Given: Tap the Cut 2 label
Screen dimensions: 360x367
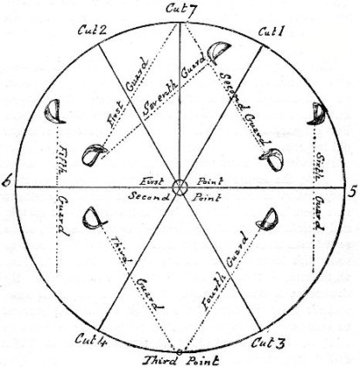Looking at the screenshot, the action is pos(93,30).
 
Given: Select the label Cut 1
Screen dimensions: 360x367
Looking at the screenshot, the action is pos(272,31).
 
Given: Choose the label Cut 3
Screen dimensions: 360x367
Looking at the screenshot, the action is pos(268,343).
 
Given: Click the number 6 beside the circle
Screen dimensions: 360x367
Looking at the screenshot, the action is pos(6,180).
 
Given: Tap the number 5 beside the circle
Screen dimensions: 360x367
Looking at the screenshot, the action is pos(352,193).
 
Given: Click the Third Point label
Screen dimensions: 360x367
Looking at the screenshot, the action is pos(181,361).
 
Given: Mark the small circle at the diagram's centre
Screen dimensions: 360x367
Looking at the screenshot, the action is pos(180,187).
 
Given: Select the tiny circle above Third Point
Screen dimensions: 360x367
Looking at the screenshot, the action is pos(179,351).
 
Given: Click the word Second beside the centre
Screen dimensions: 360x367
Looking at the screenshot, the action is pos(148,197).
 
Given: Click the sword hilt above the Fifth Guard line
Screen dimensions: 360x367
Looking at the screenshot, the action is pos(55,111).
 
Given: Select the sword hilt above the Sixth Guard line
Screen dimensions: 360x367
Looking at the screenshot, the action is pos(317,114).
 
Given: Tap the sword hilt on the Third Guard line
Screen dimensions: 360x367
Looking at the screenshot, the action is pos(94,219).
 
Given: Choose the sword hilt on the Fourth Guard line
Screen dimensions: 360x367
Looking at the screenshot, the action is pos(268,219).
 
